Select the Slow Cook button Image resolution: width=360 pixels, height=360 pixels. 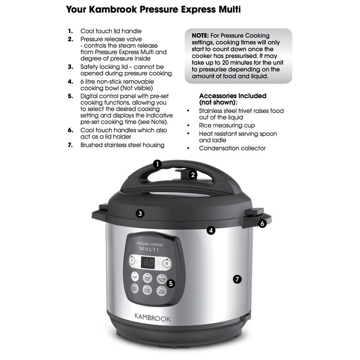point(147,291)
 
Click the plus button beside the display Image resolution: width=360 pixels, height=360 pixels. point(132,260)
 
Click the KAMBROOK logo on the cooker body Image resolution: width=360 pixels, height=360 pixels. point(153,318)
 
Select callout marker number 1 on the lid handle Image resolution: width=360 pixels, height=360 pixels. point(157,164)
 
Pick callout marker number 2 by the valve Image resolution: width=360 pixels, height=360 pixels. point(193,175)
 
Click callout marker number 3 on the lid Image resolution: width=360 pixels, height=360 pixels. point(140,213)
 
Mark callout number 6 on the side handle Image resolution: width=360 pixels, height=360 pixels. point(262,224)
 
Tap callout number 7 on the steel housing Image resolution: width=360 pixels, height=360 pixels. point(237,279)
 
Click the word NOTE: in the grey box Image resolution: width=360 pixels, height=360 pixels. point(202,36)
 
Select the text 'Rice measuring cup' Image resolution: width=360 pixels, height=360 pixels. point(227,126)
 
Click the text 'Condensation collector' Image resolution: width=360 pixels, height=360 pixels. point(232,148)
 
